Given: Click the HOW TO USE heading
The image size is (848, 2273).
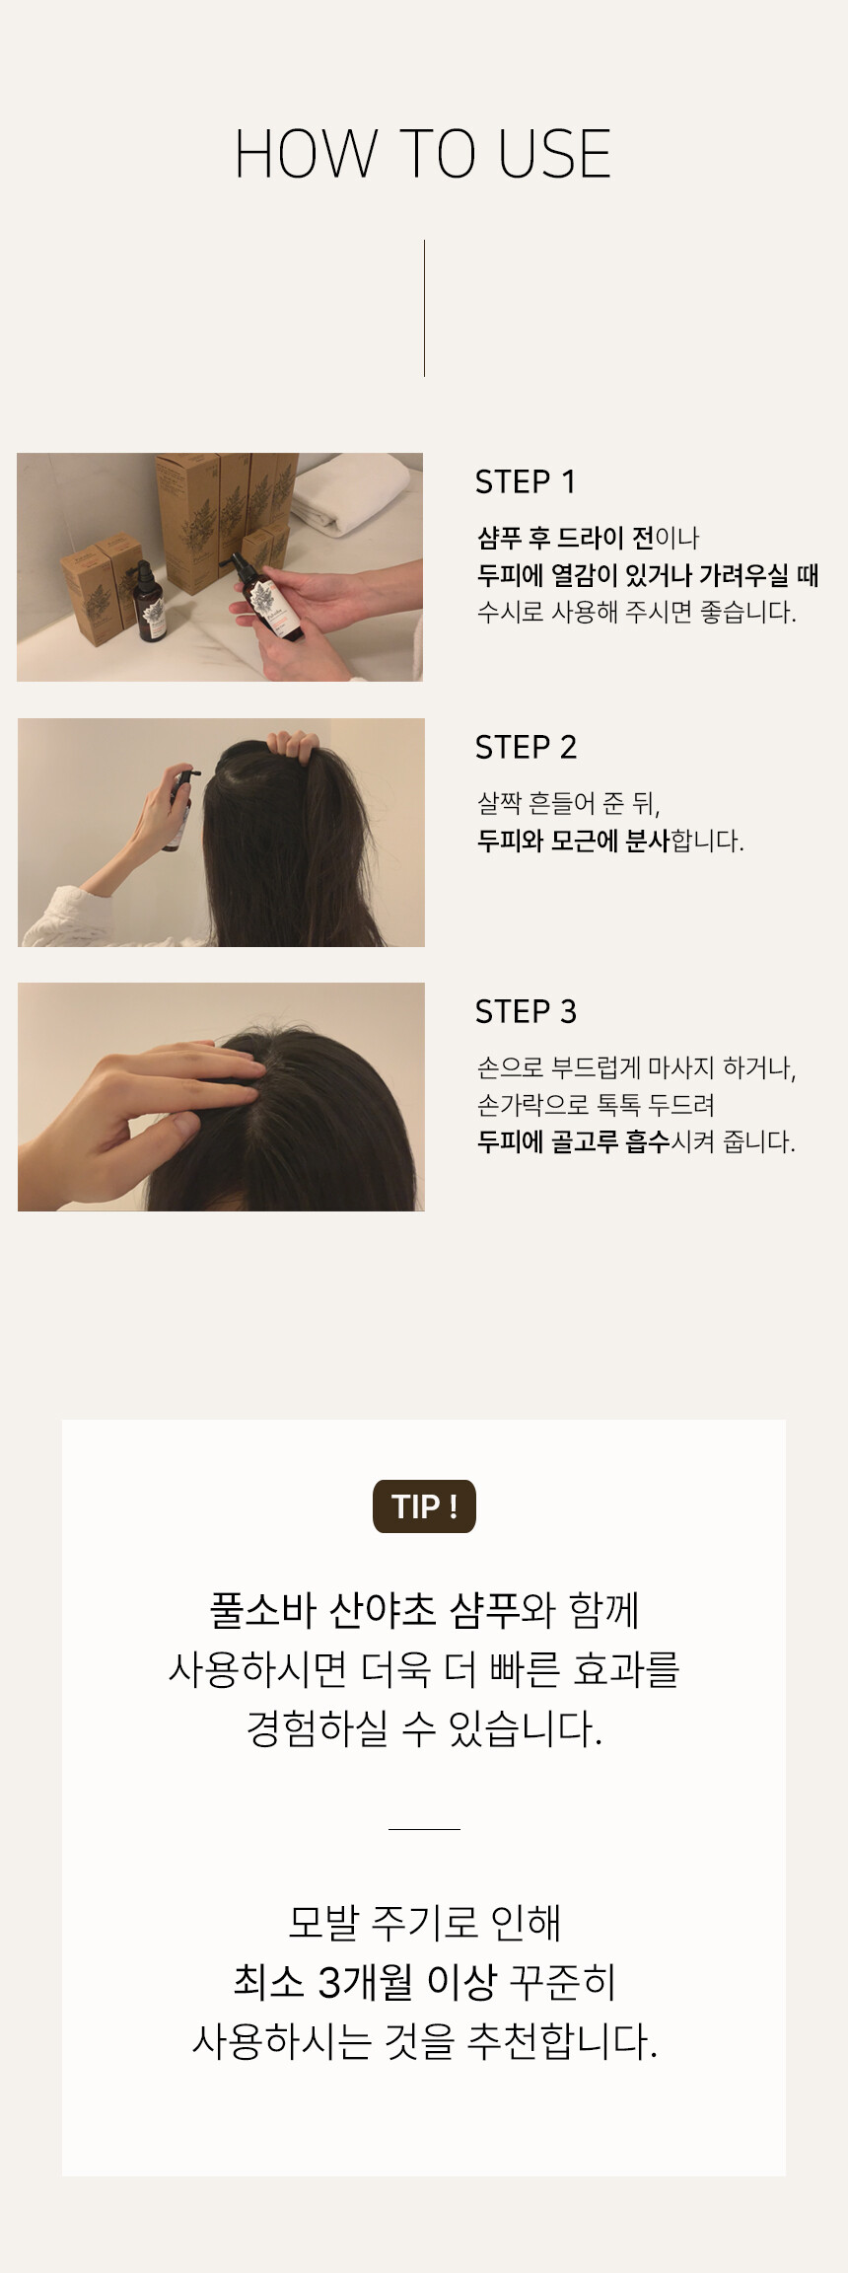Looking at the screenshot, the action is (423, 154).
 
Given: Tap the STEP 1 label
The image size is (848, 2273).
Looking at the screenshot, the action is (525, 481).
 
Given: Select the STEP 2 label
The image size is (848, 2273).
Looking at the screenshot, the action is (526, 747).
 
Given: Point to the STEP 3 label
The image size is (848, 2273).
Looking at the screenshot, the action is (526, 1011).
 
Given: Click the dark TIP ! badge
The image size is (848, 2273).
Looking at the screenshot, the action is (424, 1506).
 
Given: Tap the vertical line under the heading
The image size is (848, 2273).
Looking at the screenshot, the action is (424, 308).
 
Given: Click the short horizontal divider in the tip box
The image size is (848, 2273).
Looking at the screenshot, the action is (424, 1828).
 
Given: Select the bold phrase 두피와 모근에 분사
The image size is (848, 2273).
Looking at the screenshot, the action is (573, 841).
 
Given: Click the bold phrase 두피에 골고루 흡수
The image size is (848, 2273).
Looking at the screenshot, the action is (573, 1141).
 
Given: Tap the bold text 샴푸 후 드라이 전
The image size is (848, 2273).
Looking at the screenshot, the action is (566, 538).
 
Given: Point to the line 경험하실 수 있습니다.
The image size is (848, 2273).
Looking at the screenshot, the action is (424, 1728).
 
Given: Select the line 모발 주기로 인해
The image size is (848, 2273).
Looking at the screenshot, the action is (424, 1922).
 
